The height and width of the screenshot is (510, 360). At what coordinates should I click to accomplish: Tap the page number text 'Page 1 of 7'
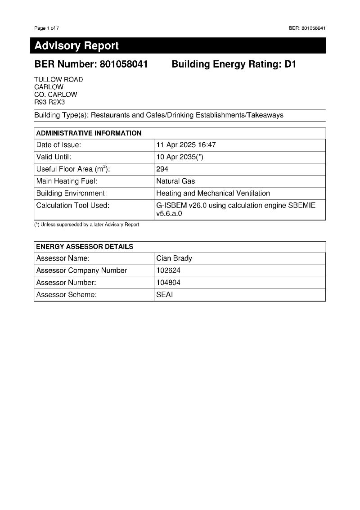coord(46,28)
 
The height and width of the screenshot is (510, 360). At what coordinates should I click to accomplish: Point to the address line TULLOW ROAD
coord(58,80)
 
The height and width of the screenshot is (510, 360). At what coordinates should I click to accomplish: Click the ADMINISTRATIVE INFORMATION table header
coord(89,133)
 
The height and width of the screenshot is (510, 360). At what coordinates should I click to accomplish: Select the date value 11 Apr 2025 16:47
coord(186,145)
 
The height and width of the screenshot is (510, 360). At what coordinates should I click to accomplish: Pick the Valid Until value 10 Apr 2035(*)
coord(180,157)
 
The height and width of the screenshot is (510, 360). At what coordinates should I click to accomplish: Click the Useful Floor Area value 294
coord(162,169)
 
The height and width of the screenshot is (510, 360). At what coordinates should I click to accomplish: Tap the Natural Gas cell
coord(175,181)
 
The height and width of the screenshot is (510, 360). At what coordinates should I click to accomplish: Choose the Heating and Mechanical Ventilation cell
coord(213,194)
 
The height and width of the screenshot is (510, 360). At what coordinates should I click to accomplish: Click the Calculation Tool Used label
coord(73,205)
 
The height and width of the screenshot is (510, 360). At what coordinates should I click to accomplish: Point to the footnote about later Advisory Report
coord(87,225)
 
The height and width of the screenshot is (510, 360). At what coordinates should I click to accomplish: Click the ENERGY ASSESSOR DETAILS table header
coord(85,247)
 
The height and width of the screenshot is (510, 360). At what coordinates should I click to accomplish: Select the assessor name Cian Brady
coord(174,258)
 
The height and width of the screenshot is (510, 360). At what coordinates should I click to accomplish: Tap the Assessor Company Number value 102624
coord(168,271)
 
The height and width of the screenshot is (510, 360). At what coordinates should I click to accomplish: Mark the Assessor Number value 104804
coord(168,283)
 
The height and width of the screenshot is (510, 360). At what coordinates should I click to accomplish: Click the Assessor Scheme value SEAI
coord(164,295)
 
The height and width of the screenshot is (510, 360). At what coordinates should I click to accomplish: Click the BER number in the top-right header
coord(307,28)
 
